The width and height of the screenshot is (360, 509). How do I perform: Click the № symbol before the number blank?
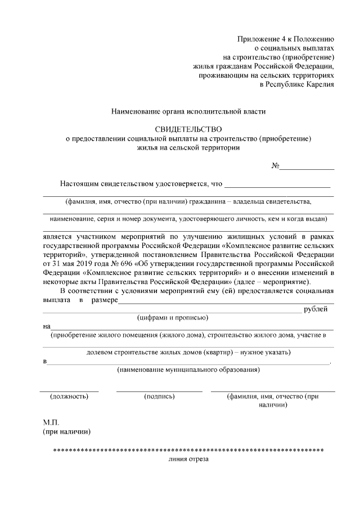pos(275,166)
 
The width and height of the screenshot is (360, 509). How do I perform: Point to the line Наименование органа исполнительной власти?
pos(188,112)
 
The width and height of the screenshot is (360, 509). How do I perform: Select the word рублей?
pos(315,309)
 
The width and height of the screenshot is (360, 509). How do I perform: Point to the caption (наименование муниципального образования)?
pos(188,370)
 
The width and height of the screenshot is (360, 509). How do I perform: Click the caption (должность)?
pos(69,397)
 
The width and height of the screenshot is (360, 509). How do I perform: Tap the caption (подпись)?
pos(159,397)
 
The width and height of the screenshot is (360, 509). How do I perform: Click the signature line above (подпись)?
pos(159,390)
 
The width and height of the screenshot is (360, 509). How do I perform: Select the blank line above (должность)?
pos(69,390)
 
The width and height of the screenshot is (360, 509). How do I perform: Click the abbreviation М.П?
pos(51,422)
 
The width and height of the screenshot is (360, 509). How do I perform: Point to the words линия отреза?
pos(188,459)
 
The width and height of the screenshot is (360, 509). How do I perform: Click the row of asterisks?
pos(188,451)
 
